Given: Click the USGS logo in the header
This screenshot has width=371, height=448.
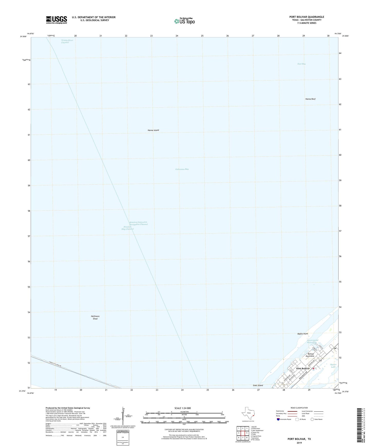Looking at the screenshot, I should pos(56,20).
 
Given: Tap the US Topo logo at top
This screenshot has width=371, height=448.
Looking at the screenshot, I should pos(184,21).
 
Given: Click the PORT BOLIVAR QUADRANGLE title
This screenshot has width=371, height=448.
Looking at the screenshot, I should pos(307,17).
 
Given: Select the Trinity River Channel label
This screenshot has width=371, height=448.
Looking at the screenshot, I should pos(67,41).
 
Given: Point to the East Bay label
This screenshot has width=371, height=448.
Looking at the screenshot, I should pos(301,64).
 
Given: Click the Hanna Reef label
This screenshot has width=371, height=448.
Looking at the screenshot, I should pos(310,99).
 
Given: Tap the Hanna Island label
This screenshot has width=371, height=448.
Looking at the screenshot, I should pos(153,130).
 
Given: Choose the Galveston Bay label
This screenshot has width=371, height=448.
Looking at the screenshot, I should pos(182,169).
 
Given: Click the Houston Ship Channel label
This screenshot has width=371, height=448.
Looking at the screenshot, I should pos(128,228).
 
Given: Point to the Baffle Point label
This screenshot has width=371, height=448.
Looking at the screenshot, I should pos(302,334).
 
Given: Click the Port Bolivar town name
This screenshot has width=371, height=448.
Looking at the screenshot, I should pos(303,368).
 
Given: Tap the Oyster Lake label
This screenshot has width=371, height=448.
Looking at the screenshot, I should pos(333,366).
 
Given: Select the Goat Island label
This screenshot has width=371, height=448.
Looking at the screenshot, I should pos(258,385).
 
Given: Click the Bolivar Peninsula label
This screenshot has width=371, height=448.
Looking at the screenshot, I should pos(311,355).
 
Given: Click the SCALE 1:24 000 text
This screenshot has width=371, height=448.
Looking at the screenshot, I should pos(182,408).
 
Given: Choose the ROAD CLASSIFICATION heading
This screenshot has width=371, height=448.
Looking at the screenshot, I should pos(299,408).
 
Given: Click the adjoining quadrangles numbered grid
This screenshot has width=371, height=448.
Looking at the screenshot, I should pos(243,433).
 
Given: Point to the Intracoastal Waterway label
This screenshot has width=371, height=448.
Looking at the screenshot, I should pos(312,342).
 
